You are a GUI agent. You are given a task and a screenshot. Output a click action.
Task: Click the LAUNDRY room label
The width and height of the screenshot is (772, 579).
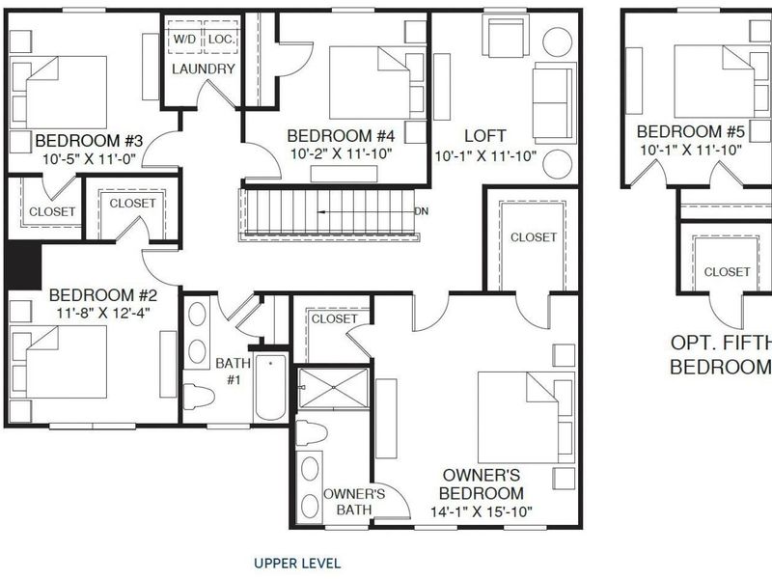click(x=204, y=69)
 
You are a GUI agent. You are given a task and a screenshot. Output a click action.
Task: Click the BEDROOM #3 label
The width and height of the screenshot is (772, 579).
click(x=89, y=141)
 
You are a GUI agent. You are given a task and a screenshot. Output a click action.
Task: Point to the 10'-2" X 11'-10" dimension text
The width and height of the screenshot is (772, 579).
click(x=341, y=153)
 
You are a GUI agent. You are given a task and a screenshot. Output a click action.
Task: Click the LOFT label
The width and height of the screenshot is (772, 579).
click(x=485, y=135)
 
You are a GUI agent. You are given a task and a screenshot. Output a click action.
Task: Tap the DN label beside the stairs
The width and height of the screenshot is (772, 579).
click(x=422, y=211)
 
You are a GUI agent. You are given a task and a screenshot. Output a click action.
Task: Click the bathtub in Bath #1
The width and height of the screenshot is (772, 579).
click(x=270, y=388)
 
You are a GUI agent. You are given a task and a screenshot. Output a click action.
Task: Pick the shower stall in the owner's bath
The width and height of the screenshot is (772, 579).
click(x=333, y=388)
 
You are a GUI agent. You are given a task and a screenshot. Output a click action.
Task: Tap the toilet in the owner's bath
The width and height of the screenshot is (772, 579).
click(x=311, y=432)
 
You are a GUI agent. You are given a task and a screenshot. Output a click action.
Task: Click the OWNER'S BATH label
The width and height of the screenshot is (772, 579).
click(x=354, y=501)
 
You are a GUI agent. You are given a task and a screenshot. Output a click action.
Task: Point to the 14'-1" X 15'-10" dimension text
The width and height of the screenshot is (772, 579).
click(x=482, y=512)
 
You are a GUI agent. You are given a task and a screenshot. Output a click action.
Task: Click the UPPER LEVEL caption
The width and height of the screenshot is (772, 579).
click(x=297, y=564)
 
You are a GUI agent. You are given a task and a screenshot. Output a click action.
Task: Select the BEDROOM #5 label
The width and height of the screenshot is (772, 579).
click(x=691, y=131)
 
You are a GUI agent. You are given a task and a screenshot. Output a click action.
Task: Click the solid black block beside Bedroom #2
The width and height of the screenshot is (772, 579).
click(x=23, y=266)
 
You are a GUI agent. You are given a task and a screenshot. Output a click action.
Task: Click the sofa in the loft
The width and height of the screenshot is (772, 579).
click(x=554, y=103)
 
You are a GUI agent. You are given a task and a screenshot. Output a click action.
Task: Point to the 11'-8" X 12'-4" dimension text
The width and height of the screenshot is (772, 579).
click(x=102, y=313)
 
